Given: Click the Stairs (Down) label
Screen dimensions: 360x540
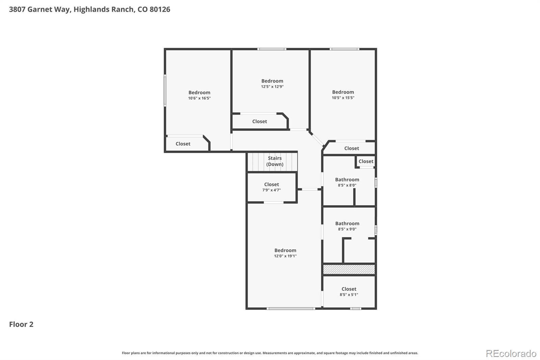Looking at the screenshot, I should coord(275,161).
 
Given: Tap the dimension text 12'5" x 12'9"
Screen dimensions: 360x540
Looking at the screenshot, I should coord(272,86).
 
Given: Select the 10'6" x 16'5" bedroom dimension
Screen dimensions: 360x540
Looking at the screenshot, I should coord(199,98).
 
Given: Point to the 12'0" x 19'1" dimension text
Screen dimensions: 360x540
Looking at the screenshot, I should coord(285,256).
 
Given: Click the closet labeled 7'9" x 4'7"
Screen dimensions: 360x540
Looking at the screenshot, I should coord(271,187).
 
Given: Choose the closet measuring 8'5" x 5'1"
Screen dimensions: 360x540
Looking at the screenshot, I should coord(349,291).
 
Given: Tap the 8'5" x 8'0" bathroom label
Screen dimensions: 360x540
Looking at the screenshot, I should coord(347,182).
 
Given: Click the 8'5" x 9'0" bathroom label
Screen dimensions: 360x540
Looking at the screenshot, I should coord(347,226).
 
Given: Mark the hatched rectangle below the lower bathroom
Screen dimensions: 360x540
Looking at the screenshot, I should coord(349,269).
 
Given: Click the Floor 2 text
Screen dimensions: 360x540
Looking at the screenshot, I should coord(21,324).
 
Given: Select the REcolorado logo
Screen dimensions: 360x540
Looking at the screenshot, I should coord(511,353).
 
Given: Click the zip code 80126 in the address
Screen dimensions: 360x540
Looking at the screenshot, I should coord(160,9).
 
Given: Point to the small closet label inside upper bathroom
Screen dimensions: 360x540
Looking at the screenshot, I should coord(366,161).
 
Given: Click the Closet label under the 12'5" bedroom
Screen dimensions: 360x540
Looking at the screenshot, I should coord(259,121).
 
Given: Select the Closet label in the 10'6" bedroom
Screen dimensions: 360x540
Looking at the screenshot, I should coord(183,144).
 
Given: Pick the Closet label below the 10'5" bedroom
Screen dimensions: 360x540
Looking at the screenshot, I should coord(351,148).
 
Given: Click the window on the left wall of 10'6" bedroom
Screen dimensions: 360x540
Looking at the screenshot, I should coord(165,91).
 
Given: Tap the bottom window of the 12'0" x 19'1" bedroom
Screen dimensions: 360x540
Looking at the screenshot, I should coord(291,308).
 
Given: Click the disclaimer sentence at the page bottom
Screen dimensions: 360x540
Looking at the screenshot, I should coord(270,353).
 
